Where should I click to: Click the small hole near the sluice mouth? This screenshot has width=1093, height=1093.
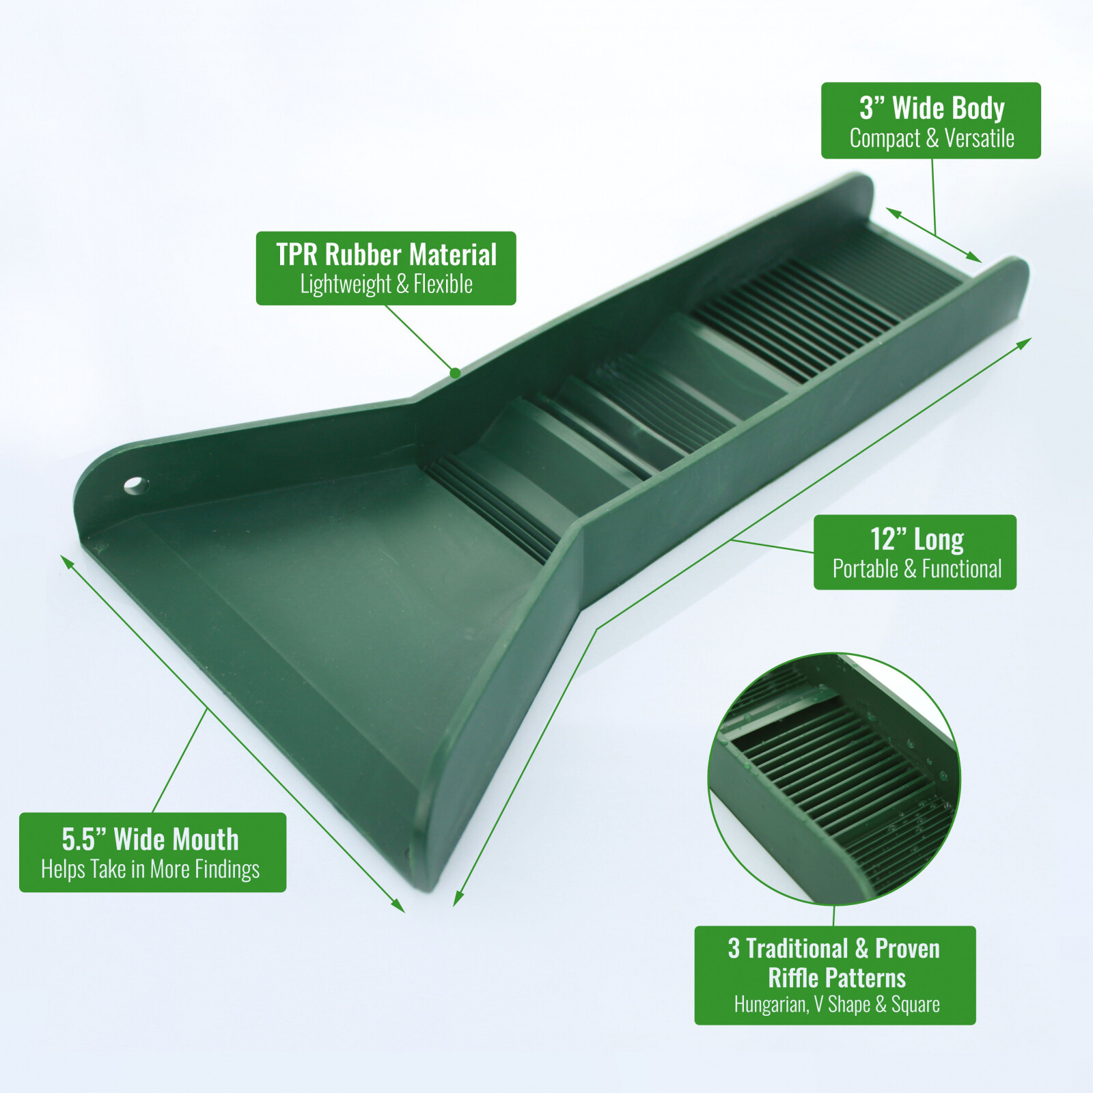point(136,486)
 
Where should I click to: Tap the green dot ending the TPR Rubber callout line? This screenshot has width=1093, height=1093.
point(455,373)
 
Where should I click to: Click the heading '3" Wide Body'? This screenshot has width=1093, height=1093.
point(932,108)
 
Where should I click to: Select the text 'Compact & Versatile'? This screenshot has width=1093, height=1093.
point(932,139)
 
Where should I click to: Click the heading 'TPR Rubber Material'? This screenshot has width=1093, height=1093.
point(386,255)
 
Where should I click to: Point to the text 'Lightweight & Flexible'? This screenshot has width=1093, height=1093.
point(386,284)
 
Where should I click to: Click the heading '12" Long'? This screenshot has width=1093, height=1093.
point(916,539)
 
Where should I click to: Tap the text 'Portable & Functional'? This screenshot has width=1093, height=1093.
point(916,569)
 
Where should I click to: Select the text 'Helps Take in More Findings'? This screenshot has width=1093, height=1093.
point(150,869)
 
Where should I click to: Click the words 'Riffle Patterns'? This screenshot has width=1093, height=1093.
point(836,978)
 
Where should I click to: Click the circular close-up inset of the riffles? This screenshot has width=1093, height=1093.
point(834,779)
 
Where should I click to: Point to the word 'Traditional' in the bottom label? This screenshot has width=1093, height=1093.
point(797,949)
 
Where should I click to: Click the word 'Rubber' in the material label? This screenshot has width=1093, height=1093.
point(363,255)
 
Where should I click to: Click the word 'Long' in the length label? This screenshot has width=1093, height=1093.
point(939,539)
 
